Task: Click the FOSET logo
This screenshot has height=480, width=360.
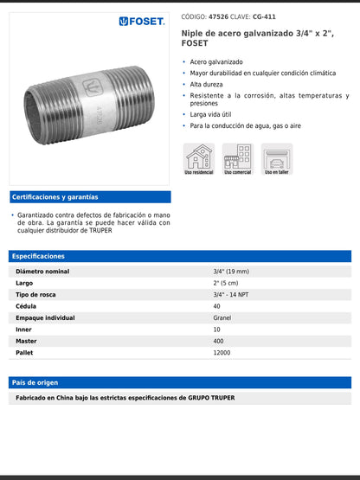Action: (142, 21)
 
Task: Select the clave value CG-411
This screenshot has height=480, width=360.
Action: (264, 16)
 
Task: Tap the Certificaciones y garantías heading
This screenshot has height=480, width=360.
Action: (55, 197)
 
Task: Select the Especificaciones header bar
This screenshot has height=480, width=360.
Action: (180, 256)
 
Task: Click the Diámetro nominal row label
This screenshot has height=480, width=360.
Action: (43, 272)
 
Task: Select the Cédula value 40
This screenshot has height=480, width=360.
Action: (216, 306)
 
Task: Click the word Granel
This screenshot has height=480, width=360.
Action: (222, 317)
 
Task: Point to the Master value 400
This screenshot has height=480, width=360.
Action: (219, 341)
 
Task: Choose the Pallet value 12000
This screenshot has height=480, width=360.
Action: (222, 352)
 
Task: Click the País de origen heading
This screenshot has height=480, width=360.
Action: (35, 382)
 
